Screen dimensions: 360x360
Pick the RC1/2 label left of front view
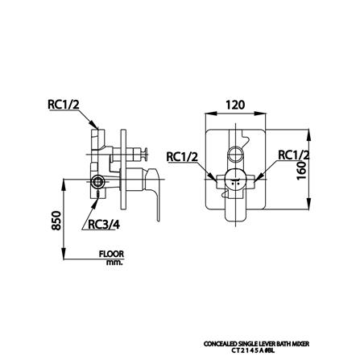pyautogui.click(x=182, y=156)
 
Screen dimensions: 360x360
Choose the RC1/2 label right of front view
pyautogui.click(x=293, y=155)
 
